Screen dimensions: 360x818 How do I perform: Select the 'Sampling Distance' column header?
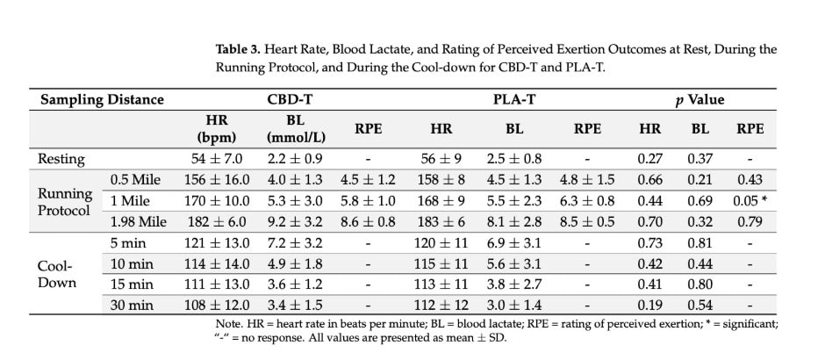[102, 99]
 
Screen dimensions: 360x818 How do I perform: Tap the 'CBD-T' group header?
[289, 99]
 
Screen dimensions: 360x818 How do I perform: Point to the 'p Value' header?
[700, 99]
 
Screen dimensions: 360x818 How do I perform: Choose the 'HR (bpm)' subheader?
[216, 128]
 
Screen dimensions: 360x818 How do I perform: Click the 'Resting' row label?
[61, 159]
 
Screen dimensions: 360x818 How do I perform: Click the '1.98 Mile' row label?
[139, 222]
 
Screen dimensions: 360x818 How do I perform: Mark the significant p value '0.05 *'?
[750, 201]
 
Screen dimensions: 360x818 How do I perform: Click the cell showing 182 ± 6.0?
[216, 222]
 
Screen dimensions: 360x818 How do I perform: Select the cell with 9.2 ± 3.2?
[292, 222]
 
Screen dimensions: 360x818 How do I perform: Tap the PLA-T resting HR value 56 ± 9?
[440, 159]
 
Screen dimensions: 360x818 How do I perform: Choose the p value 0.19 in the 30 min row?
[650, 305]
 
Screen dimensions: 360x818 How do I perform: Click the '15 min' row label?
[131, 284]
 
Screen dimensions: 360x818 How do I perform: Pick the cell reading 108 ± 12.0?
[216, 305]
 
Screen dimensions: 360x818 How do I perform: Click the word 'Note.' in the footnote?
[219, 323]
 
